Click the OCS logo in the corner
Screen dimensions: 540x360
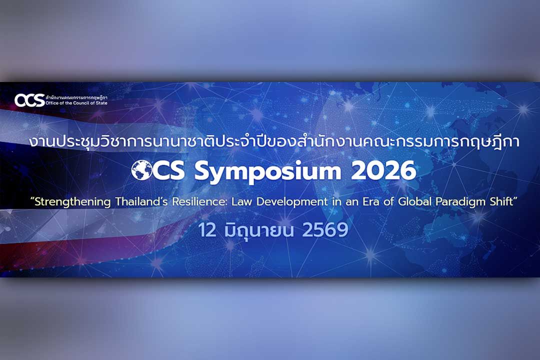[x=29, y=100]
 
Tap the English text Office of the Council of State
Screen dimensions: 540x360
[x=76, y=103]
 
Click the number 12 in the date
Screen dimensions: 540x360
[x=207, y=230]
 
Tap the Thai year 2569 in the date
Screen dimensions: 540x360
[x=325, y=230]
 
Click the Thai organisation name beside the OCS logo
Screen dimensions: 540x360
[x=76, y=97]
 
